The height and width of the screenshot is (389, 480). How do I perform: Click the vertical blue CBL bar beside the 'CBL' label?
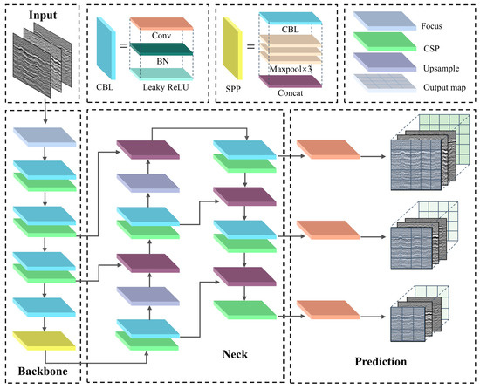click(106, 50)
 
